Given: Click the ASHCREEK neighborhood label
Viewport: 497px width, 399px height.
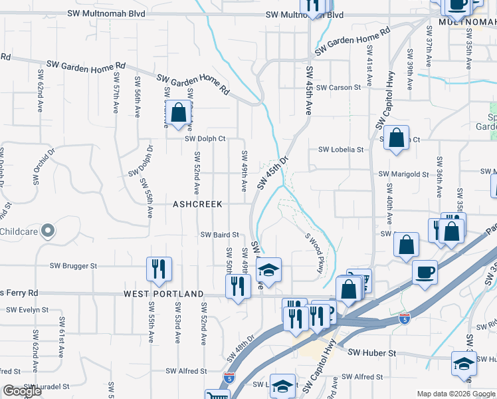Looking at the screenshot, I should click(198, 203).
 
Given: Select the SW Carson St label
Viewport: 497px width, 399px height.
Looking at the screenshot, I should click(338, 87).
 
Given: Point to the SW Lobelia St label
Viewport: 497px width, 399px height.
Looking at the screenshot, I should click(342, 150).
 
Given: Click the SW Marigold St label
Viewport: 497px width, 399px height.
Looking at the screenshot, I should click(403, 174).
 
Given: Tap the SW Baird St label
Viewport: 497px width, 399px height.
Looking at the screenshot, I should click(219, 234).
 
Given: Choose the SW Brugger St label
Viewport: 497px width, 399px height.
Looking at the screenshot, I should click(73, 265).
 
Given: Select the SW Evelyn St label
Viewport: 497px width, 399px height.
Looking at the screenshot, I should click(27, 309).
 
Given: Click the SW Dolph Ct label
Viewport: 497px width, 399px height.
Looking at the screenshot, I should click(205, 139).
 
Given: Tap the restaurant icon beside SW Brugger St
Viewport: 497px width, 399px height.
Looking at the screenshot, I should click(158, 269).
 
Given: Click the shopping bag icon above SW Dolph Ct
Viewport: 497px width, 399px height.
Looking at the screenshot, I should click(178, 113).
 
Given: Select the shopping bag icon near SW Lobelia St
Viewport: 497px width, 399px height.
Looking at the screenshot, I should click(396, 138).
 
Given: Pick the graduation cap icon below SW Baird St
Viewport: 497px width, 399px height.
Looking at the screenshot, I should click(268, 270).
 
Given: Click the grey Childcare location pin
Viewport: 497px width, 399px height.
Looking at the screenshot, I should click(47, 231).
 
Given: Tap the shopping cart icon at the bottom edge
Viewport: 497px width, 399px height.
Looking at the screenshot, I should click(215, 395).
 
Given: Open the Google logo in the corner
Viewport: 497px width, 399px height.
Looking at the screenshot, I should click(21, 391).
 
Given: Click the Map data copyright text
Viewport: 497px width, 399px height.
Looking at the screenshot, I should click(456, 394).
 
